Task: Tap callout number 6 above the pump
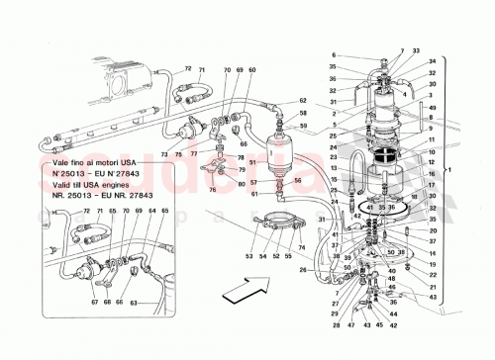pyautogui.click(x=334, y=55)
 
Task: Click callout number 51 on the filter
pyautogui.click(x=253, y=162)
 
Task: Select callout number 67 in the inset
pyautogui.click(x=67, y=303)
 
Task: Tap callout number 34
pyautogui.click(x=434, y=73)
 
